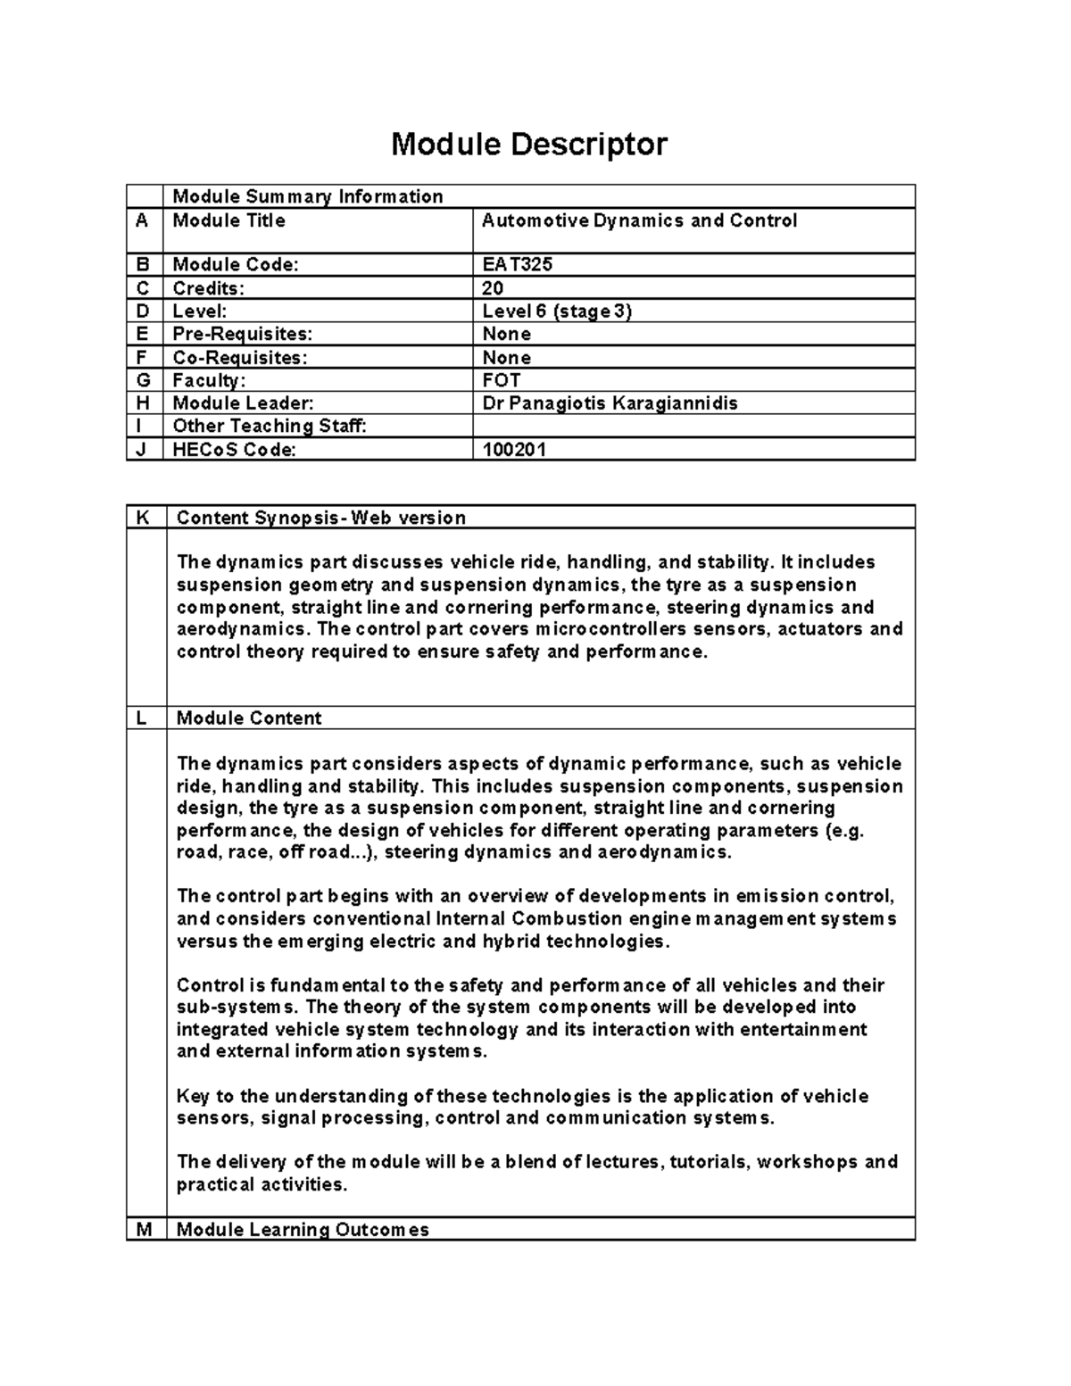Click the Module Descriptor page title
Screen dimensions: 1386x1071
[x=528, y=144]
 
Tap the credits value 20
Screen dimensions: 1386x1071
[x=493, y=287]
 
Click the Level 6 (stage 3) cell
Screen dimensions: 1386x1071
[x=557, y=311]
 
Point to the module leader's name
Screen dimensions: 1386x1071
[x=610, y=403]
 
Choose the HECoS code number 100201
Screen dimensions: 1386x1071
[x=514, y=450]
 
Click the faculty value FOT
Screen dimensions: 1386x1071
[x=501, y=380]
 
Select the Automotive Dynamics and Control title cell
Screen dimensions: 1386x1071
[x=639, y=220]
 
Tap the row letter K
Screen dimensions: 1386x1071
[x=143, y=518]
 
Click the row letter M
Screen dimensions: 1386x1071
[x=143, y=1230]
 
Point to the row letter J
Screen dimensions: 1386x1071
[x=141, y=450]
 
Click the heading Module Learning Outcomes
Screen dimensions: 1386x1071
[x=303, y=1230]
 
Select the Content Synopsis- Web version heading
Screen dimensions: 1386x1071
[x=320, y=518]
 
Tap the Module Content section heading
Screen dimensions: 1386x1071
[x=249, y=718]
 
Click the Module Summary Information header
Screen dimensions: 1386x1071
[x=307, y=196]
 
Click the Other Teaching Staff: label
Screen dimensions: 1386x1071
[x=269, y=426]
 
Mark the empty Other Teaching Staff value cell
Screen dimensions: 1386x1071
[x=693, y=426]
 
